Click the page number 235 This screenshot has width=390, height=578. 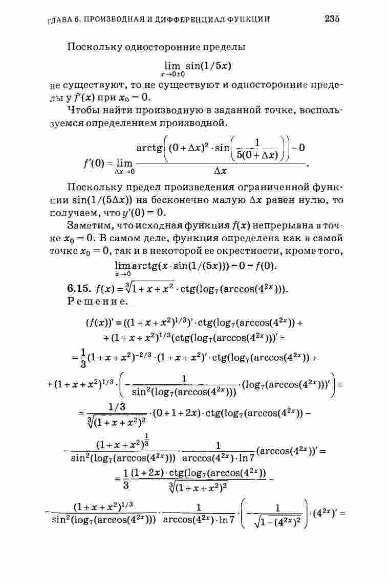(332, 19)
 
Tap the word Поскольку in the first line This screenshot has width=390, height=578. (92, 47)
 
